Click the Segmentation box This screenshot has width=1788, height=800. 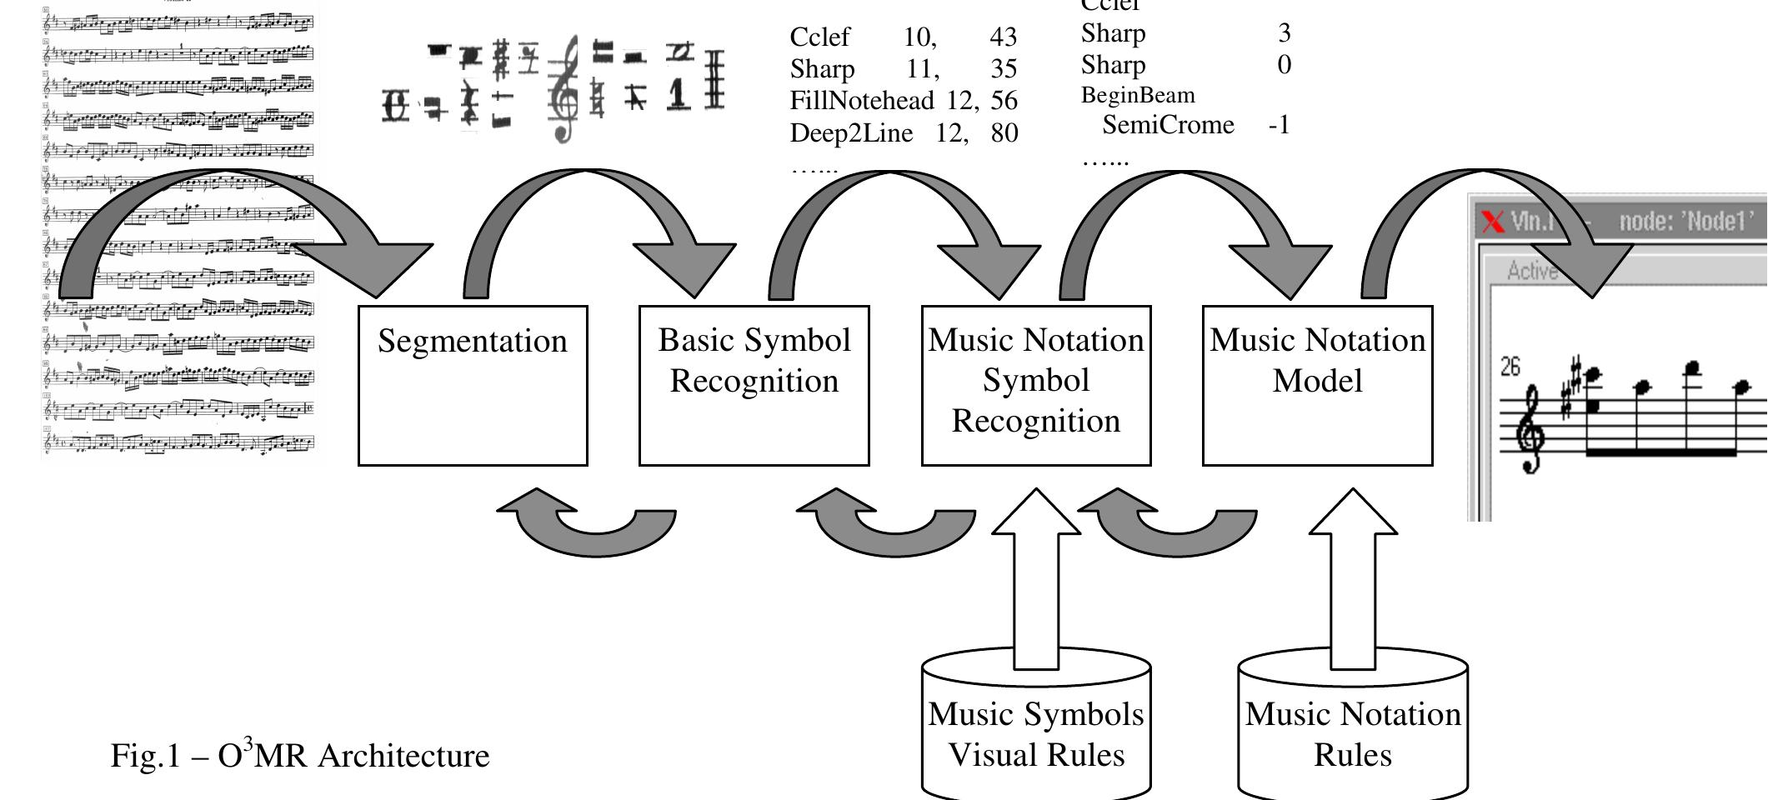[473, 385]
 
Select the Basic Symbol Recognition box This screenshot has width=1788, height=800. [754, 385]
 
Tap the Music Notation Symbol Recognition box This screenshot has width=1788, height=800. [1035, 385]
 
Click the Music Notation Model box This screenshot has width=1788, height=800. [1317, 385]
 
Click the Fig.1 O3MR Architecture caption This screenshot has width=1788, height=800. [300, 755]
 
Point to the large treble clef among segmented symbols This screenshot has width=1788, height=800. [565, 90]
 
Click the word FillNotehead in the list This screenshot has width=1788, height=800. [861, 101]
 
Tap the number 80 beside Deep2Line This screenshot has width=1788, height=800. [1004, 132]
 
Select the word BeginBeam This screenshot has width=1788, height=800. [1138, 95]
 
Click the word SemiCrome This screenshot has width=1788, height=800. [1168, 125]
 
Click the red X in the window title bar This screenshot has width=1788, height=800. [1493, 222]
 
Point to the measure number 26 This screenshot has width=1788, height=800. [1510, 367]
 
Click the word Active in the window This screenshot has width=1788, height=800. [1532, 271]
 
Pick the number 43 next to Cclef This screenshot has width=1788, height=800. [1004, 37]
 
